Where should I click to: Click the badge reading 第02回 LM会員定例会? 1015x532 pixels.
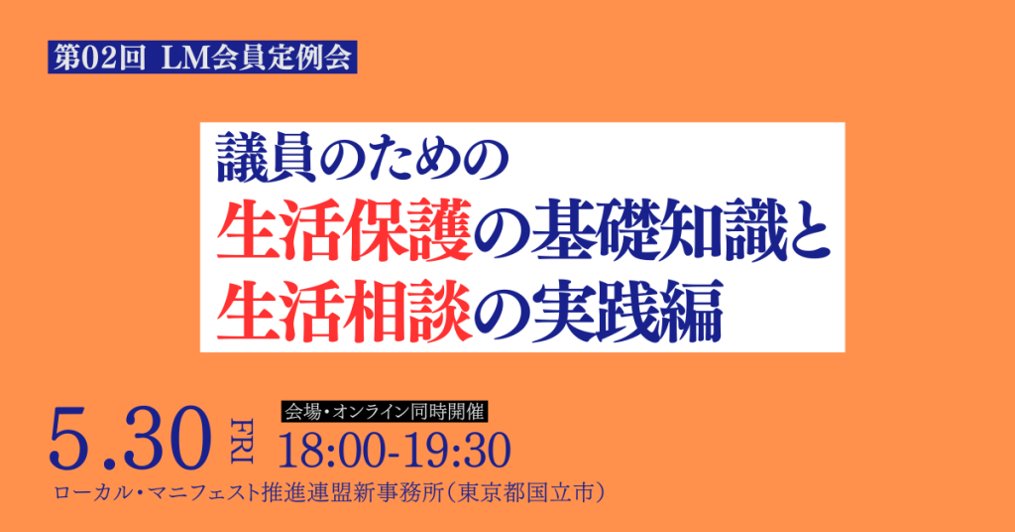[202, 58]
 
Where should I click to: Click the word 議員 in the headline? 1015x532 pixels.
[267, 159]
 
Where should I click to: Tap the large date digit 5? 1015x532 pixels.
[72, 439]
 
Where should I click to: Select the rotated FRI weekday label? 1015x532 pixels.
[242, 441]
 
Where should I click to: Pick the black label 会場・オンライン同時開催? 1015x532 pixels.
[385, 412]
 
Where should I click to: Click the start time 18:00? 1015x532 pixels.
[329, 451]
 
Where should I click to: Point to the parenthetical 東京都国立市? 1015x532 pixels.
[528, 493]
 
